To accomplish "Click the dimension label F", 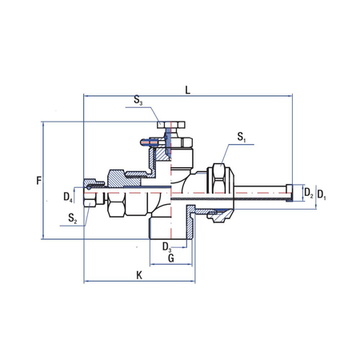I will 38,181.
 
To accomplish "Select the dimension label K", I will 139,274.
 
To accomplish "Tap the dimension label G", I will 170,259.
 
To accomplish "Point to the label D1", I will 322,194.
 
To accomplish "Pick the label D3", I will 167,247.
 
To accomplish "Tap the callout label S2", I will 73,217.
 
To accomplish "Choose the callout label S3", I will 138,102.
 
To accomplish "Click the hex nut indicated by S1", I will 218,182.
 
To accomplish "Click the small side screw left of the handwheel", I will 142,144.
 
